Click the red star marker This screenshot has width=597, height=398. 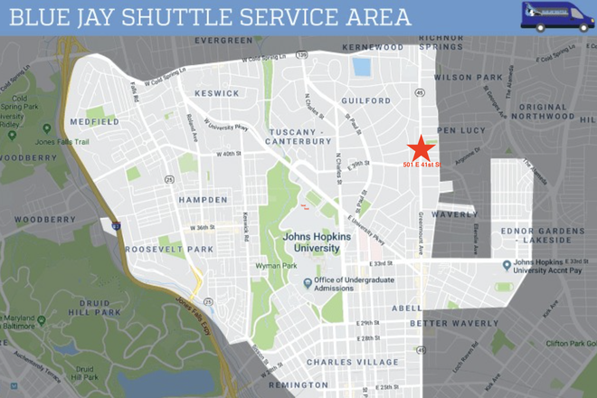420,148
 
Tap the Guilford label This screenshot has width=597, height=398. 365,101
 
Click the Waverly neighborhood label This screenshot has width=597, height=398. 454,214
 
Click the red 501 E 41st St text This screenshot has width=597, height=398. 429,164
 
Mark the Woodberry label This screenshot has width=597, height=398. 38,220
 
